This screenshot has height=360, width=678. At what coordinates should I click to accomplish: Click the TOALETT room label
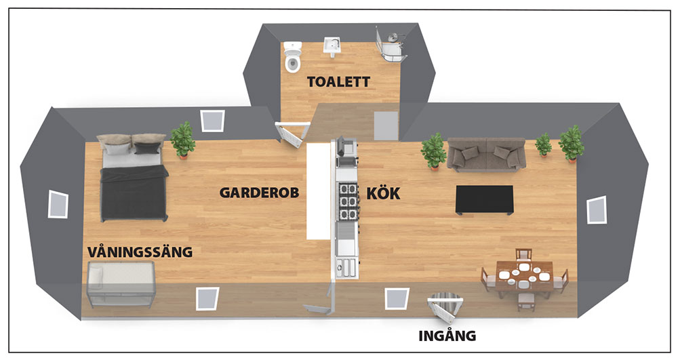coord(338,81)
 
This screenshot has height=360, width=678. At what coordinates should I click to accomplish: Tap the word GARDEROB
coord(259,193)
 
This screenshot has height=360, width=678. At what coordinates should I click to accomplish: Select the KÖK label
coord(383,193)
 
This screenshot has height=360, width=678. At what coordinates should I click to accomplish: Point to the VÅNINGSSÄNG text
coord(140,252)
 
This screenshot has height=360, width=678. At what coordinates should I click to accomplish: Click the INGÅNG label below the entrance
coord(447,336)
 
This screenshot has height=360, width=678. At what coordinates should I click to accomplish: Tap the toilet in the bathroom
coord(293,57)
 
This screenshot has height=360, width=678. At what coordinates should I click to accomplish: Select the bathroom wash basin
coord(332,47)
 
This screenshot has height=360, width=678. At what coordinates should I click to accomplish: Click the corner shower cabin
coord(391,44)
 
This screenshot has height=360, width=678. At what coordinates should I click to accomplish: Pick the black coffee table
coord(485,199)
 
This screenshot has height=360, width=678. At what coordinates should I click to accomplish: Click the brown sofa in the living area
coord(486,155)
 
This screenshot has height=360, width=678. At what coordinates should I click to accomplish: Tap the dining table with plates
coord(523,276)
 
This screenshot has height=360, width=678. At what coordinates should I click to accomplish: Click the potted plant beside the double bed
coord(182,140)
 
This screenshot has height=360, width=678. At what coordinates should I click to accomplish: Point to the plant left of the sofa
coord(434,152)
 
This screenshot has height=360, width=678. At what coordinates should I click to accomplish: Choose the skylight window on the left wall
coord(58,204)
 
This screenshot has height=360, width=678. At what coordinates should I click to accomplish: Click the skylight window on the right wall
coord(597,209)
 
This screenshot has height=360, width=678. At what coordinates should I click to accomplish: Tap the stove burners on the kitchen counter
coord(348,201)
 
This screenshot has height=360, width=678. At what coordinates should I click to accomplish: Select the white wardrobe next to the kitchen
coord(319,191)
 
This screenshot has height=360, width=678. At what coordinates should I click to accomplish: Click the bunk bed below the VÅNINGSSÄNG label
coord(121,284)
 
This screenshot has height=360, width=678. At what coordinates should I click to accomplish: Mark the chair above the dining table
coord(523,255)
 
